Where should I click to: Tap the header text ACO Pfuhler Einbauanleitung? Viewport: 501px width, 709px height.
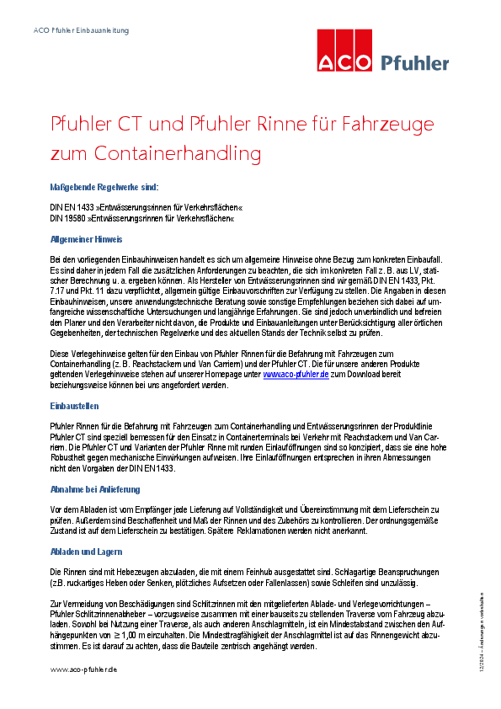coord(81,30)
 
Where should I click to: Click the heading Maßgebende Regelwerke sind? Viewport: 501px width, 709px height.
coord(104,187)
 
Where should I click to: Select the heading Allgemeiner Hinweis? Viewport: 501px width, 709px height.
coord(87,239)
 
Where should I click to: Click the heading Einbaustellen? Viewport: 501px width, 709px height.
coord(74,406)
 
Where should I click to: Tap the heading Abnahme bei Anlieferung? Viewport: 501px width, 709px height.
coord(95,489)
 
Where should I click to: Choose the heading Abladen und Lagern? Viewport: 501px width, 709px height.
coord(88,552)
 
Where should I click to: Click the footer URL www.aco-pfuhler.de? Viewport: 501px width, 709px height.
coord(83,669)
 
